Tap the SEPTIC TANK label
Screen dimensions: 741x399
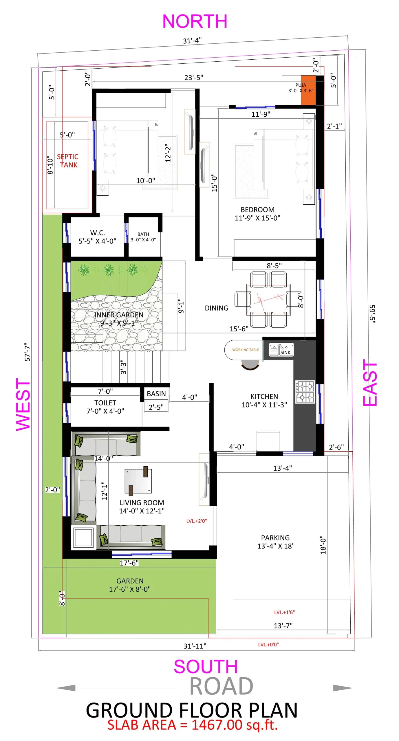[x=67, y=161]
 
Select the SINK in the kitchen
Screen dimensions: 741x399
[x=281, y=350]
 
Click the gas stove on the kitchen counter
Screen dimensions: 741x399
[x=305, y=392]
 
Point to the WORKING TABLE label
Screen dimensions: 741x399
[x=245, y=350]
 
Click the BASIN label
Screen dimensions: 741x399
[x=156, y=394]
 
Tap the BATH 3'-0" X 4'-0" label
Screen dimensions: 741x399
[x=143, y=237]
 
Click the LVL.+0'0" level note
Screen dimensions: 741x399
[x=268, y=645]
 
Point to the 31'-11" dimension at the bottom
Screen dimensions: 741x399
[x=195, y=646]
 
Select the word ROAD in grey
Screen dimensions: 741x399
[x=221, y=686]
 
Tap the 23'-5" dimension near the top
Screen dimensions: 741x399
[x=194, y=78]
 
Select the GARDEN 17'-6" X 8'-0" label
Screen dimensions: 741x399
[x=130, y=585]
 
